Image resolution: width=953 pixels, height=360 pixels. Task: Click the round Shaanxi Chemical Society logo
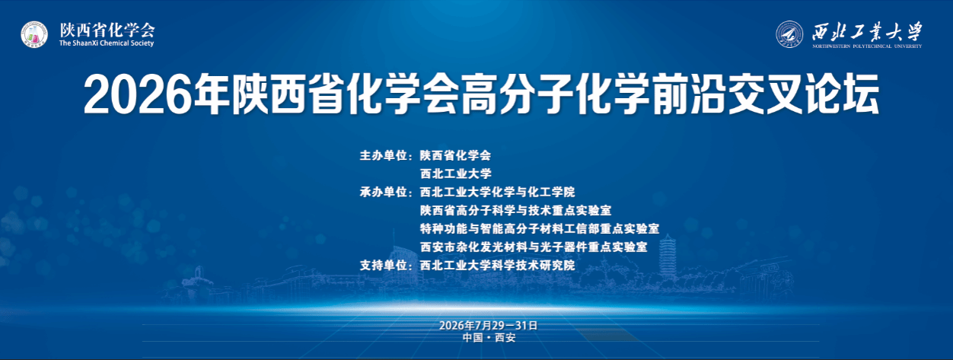[34, 34]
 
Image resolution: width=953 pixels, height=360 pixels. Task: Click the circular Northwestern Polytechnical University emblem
[789, 34]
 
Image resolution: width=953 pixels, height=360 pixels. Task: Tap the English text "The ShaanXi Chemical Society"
[107, 43]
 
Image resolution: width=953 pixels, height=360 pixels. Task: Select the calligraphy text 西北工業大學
[867, 32]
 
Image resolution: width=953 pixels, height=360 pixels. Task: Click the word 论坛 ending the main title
[842, 94]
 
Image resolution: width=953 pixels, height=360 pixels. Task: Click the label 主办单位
[384, 156]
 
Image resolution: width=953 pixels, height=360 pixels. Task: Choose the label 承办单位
[384, 193]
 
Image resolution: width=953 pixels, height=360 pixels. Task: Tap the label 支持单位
[384, 266]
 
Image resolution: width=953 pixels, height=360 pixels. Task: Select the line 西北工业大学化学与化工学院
[497, 193]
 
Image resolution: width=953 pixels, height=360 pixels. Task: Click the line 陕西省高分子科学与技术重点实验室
[515, 211]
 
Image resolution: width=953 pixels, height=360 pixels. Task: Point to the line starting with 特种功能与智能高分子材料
[540, 229]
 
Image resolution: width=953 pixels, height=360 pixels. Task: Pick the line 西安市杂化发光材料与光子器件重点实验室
[534, 247]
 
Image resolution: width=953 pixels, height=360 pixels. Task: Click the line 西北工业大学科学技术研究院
[497, 266]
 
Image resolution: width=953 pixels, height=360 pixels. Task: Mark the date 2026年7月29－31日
[489, 326]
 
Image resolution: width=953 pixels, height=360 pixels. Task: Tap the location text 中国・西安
[489, 338]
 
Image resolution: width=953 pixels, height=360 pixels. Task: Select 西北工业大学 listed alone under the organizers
[456, 174]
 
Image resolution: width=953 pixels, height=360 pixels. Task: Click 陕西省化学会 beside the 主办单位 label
[456, 156]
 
